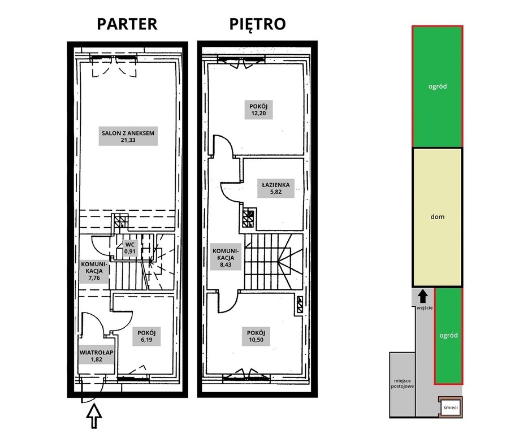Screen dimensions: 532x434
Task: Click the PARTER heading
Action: (127, 24)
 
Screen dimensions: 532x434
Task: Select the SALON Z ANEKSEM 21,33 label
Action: (128, 136)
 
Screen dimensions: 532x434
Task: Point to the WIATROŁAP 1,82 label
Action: (96, 355)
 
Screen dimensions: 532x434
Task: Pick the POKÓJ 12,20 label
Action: (258, 110)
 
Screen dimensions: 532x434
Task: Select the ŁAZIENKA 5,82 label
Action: (276, 188)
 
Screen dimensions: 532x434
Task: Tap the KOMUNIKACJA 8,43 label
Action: (226, 258)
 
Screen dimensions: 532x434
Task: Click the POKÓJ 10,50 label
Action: (256, 336)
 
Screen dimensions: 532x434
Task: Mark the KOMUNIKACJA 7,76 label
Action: (94, 271)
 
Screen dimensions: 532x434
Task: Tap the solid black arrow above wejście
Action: (422, 296)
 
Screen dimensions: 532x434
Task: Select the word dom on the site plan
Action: (438, 216)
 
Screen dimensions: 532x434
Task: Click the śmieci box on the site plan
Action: (450, 407)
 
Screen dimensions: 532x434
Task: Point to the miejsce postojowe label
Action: (403, 383)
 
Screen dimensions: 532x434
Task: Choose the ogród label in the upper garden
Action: (438, 86)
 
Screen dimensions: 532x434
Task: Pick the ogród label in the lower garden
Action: (448, 335)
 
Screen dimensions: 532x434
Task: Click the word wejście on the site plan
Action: (425, 308)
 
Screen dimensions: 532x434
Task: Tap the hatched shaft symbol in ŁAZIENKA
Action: (248, 219)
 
